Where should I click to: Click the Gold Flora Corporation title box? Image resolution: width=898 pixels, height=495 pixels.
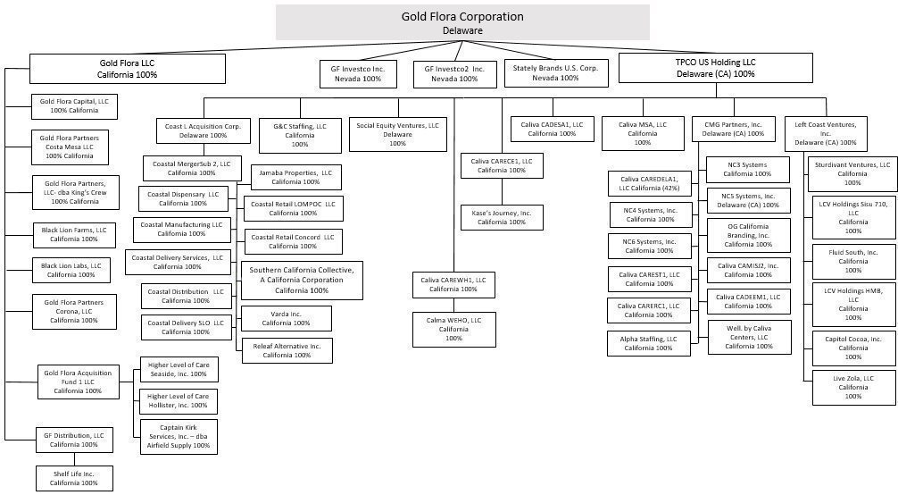tap(462, 22)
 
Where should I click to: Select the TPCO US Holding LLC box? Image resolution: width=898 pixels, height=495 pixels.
tap(716, 68)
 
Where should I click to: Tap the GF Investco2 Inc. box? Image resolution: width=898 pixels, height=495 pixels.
tap(454, 74)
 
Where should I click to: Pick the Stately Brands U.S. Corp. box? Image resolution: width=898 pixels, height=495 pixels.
tap(555, 73)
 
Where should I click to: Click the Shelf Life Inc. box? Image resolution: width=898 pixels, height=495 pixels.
tap(74, 478)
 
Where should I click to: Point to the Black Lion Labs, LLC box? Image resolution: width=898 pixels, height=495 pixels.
tap(71, 270)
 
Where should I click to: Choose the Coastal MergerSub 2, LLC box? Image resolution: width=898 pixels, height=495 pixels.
tap(192, 168)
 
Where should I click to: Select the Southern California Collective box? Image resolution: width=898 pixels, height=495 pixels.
tap(302, 280)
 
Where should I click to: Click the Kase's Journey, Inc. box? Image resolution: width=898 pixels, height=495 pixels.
tap(502, 217)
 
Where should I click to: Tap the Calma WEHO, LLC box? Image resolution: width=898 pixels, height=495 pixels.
tap(454, 329)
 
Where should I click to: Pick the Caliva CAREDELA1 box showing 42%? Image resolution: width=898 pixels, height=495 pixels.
tap(650, 183)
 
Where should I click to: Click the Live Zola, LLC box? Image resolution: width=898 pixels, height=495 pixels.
tap(853, 387)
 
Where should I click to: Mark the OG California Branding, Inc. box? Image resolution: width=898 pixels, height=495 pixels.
tap(749, 235)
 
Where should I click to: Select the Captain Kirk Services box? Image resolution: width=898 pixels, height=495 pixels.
tap(179, 437)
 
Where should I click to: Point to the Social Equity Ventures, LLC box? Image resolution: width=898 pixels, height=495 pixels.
tap(398, 134)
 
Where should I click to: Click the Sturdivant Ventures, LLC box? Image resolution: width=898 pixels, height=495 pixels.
tap(852, 174)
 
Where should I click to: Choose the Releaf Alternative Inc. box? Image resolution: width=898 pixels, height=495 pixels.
tap(287, 350)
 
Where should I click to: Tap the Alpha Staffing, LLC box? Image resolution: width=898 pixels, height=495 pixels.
tap(649, 344)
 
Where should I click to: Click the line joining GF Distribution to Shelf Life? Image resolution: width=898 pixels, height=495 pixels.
tap(74, 459)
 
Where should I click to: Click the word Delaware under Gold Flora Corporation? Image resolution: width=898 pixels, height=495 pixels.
tap(462, 30)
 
